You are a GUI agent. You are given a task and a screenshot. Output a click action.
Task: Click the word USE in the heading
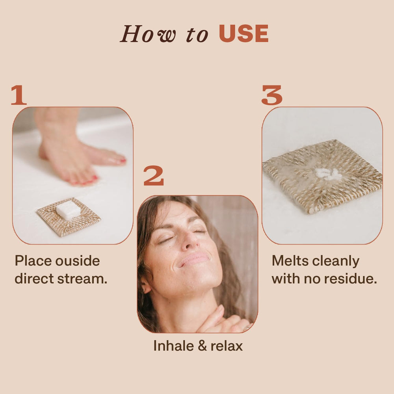click(243, 33)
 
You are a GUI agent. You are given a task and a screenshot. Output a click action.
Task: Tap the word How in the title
click(148, 33)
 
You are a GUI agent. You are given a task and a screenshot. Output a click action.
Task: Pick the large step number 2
click(154, 175)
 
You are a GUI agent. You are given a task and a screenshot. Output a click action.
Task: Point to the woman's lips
click(193, 259)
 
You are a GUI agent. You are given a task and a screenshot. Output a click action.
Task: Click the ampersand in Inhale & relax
click(202, 346)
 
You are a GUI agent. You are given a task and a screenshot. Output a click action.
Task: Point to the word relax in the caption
click(227, 346)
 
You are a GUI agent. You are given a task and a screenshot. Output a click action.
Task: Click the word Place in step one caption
click(33, 261)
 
